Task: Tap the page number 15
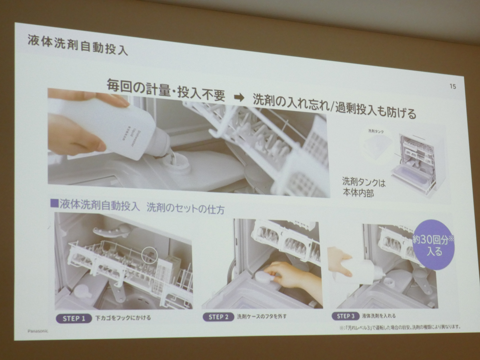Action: (x=452, y=86)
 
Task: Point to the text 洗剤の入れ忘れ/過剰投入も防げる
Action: (x=334, y=106)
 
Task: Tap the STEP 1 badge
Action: (x=74, y=319)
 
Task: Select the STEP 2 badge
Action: (x=218, y=317)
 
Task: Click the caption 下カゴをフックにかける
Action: (x=123, y=318)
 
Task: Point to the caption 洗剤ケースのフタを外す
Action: (x=262, y=317)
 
